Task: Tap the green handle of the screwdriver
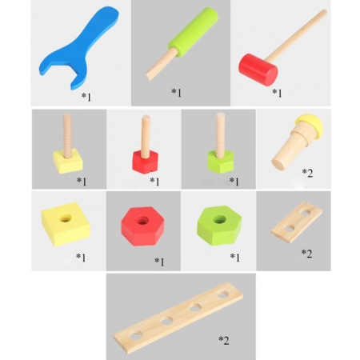click(x=193, y=33)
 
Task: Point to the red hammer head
click(x=258, y=70)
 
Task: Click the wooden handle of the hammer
click(x=297, y=35)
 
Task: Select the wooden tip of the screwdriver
click(x=162, y=64)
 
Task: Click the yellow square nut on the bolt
click(x=68, y=161)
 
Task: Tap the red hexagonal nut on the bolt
click(x=145, y=162)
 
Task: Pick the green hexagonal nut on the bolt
click(x=221, y=162)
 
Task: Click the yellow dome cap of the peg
click(x=311, y=124)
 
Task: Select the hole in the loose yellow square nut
click(x=66, y=218)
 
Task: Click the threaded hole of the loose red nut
click(x=142, y=221)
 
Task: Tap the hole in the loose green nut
click(x=219, y=219)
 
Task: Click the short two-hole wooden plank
click(x=297, y=222)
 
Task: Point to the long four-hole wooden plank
click(x=178, y=318)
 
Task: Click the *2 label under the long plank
click(x=224, y=340)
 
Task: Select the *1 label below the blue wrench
click(x=86, y=97)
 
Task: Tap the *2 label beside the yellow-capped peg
click(x=307, y=173)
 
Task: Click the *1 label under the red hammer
click(x=277, y=93)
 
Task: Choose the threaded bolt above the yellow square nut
click(x=67, y=134)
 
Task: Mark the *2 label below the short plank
click(x=306, y=254)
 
